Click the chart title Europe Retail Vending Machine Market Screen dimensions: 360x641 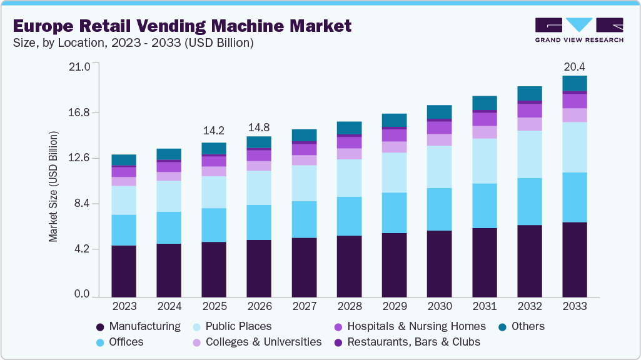tap(181, 26)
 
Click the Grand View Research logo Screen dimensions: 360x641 tap(578, 30)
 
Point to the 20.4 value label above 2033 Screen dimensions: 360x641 tap(574, 66)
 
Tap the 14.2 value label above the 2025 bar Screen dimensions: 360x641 tap(214, 131)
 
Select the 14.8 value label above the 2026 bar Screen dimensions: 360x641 tap(259, 127)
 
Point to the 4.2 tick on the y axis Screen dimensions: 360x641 tap(83, 249)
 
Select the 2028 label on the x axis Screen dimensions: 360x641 tap(349, 306)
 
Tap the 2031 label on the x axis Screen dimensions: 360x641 tap(484, 306)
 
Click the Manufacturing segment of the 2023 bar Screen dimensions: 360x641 tap(124, 271)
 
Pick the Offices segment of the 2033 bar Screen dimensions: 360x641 tap(574, 197)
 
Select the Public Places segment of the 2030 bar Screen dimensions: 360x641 tap(439, 167)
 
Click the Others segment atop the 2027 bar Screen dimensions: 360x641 tap(304, 135)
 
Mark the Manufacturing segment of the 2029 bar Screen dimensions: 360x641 tap(394, 264)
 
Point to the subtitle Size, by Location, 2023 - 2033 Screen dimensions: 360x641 tap(133, 43)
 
